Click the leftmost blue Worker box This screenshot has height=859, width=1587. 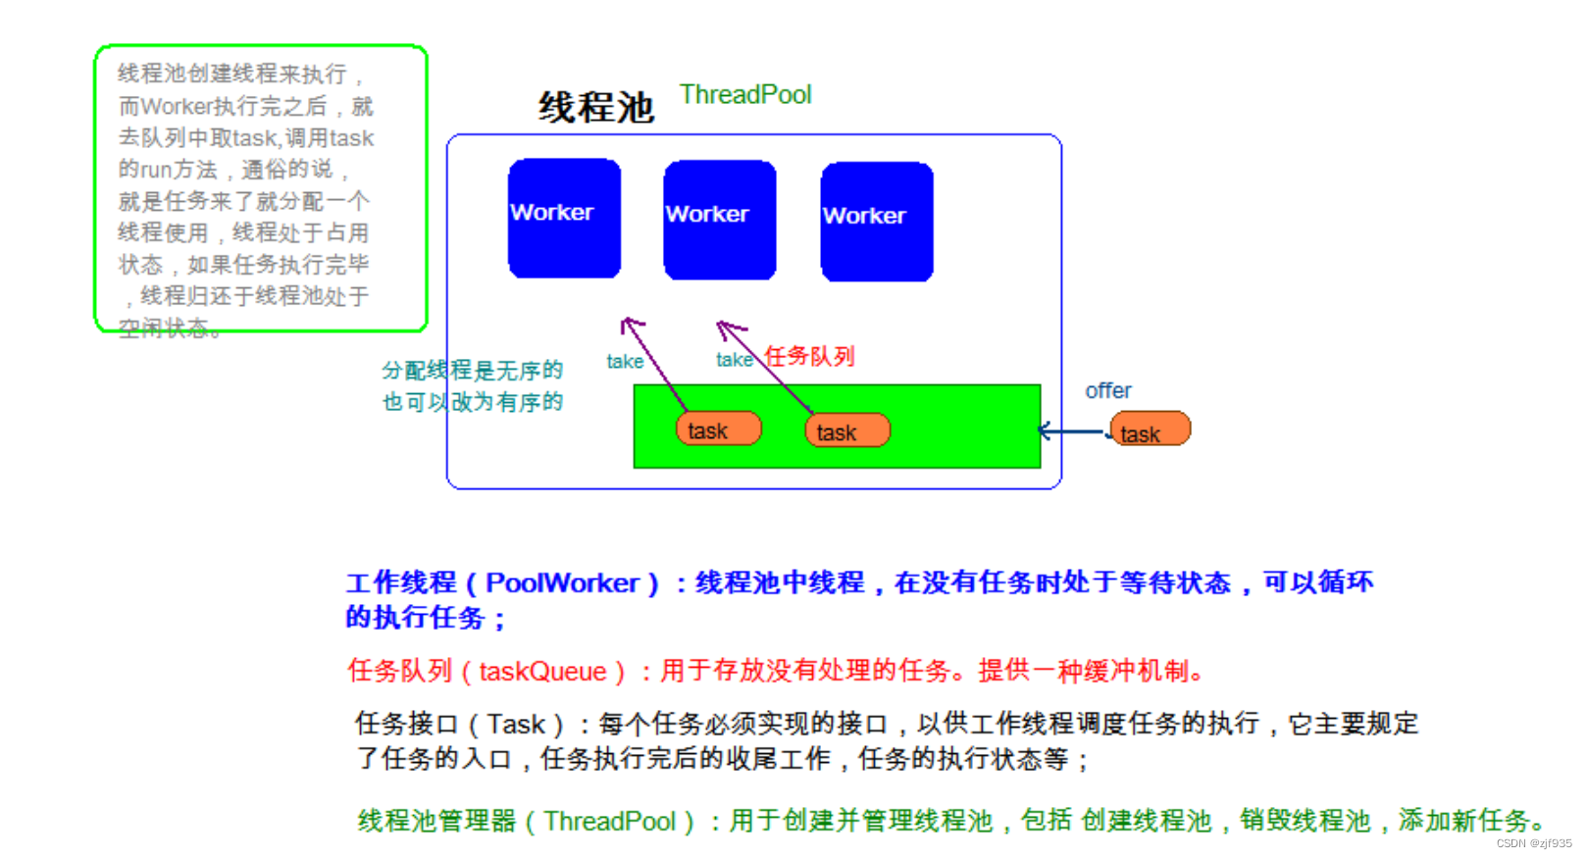coord(564,218)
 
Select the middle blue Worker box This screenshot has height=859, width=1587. coord(719,220)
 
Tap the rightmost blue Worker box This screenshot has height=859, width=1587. coord(876,222)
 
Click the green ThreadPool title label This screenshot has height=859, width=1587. coord(745,95)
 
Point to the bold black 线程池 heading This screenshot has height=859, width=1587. coord(595,107)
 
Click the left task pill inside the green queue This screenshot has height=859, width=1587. coord(718,429)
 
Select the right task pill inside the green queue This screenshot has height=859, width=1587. coord(846,430)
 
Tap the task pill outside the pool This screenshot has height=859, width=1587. coord(1150,429)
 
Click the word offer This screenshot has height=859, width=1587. coord(1107,390)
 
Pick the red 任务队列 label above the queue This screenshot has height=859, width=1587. coord(809,356)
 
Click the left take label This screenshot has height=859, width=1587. coord(625,362)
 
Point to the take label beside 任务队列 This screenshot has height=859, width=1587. coord(734,360)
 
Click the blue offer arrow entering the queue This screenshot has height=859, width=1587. coord(1071,430)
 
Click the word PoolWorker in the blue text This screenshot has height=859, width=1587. coord(562,582)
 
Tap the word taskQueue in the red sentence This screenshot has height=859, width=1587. coord(542,672)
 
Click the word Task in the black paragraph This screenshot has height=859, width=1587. coord(516,724)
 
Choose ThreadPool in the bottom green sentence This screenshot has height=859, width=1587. coord(610,821)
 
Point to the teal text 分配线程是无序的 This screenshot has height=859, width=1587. coord(472,371)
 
